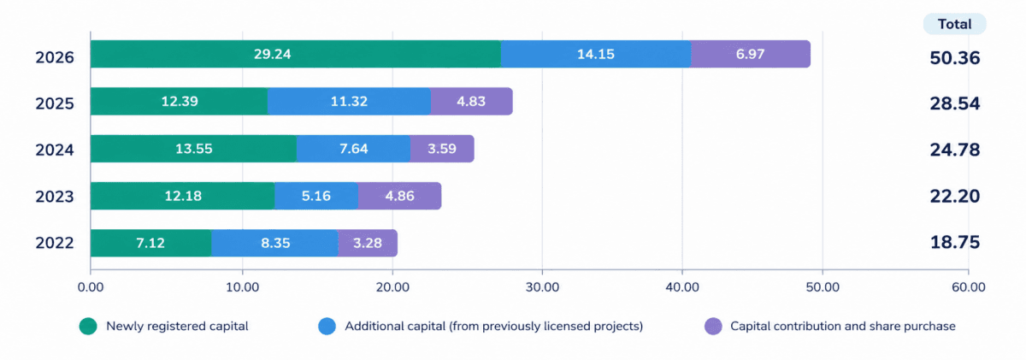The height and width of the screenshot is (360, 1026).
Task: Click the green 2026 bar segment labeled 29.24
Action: (296, 54)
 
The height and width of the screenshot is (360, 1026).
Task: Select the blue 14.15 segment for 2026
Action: (596, 54)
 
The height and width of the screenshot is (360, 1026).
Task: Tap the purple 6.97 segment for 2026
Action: (751, 54)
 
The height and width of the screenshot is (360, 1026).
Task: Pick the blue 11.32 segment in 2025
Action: (349, 101)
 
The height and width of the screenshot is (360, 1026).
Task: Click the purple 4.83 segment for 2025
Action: (472, 101)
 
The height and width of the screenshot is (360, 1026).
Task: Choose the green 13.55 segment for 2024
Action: (193, 149)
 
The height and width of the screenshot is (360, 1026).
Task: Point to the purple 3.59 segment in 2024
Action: (442, 149)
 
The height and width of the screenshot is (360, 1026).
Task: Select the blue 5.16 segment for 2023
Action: (316, 196)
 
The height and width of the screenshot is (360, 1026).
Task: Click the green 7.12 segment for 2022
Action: (150, 243)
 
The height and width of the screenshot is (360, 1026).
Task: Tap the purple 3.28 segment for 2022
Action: (368, 243)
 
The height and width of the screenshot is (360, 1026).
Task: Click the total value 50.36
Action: (955, 58)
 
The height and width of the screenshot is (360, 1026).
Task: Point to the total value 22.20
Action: (955, 196)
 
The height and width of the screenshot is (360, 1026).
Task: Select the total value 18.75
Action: (955, 242)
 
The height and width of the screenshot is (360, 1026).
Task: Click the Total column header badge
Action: (954, 24)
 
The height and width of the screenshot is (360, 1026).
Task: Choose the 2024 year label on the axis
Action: (55, 150)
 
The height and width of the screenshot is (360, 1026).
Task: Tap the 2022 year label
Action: (55, 243)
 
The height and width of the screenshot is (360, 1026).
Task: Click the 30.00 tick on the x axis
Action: (542, 287)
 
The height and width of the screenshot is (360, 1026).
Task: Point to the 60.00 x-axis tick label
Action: (968, 287)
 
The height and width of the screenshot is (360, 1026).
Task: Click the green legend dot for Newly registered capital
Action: (88, 326)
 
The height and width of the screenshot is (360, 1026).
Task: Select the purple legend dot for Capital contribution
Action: (713, 326)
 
